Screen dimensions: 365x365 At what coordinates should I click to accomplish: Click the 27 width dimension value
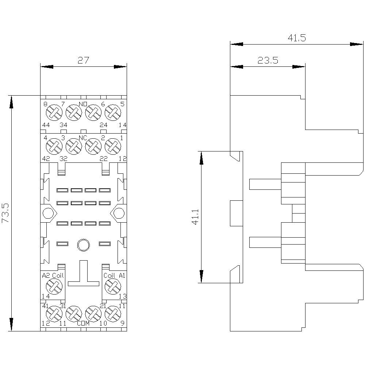pyautogui.click(x=83, y=60)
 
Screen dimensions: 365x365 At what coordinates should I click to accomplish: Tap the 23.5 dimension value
pyautogui.click(x=268, y=60)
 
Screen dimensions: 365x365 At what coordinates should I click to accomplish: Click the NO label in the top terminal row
pyautogui.click(x=83, y=104)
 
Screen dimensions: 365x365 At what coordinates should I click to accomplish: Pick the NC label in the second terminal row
pyautogui.click(x=83, y=138)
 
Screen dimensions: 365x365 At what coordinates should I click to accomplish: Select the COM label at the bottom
pyautogui.click(x=83, y=323)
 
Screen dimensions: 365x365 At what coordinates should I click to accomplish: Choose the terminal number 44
pyautogui.click(x=46, y=125)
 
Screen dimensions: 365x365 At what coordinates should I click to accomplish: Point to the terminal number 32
pyautogui.click(x=64, y=159)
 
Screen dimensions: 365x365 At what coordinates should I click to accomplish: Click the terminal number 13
pyautogui.click(x=122, y=296)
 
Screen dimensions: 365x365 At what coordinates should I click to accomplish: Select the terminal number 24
pyautogui.click(x=103, y=125)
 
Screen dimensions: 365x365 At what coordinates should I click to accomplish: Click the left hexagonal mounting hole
pyautogui.click(x=48, y=213)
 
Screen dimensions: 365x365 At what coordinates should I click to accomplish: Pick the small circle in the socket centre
pyautogui.click(x=83, y=244)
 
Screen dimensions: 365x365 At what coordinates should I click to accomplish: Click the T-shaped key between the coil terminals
pyautogui.click(x=83, y=277)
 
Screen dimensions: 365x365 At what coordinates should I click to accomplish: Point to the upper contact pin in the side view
pyautogui.click(x=265, y=184)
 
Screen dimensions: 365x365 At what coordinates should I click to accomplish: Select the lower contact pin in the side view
pyautogui.click(x=265, y=242)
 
